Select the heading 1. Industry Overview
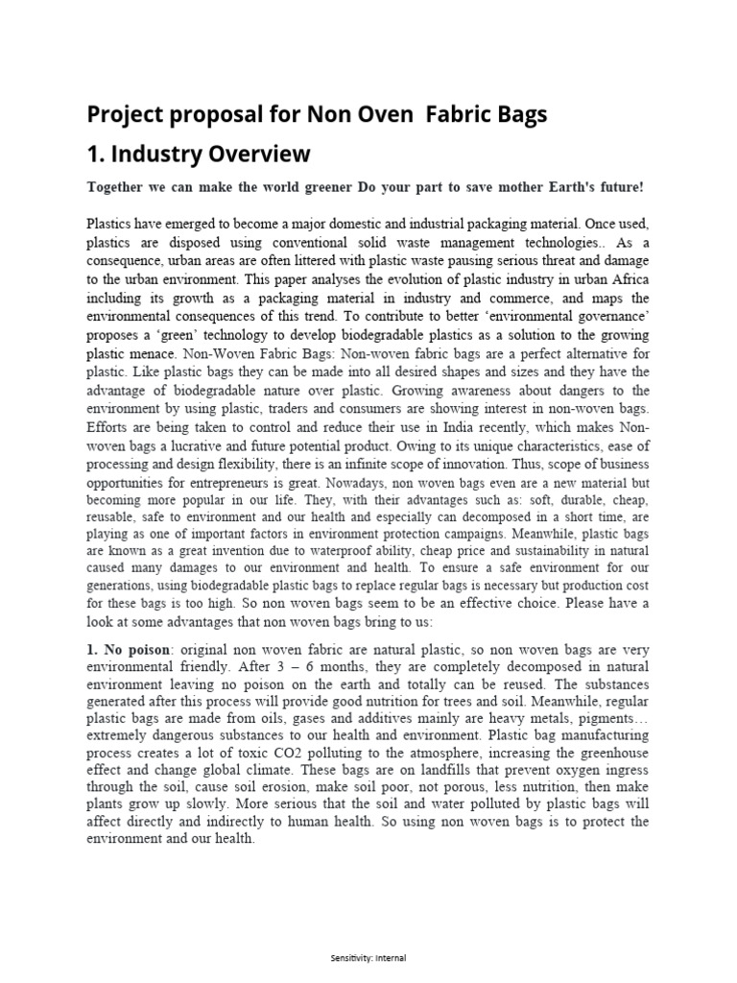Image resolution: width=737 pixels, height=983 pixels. (x=199, y=153)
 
